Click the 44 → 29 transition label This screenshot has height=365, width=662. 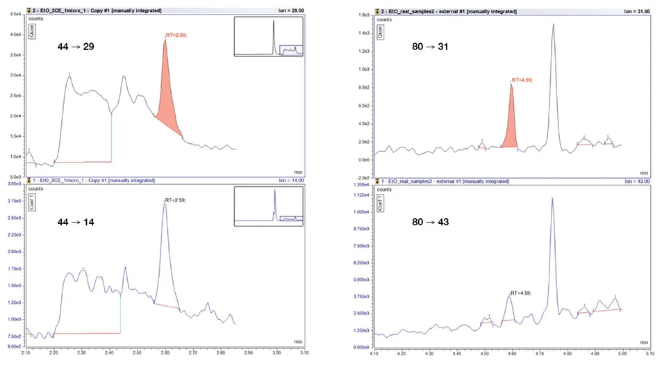pos(75,47)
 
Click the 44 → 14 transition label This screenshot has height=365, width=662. pos(75,222)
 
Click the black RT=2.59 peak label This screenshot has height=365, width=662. pos(175,200)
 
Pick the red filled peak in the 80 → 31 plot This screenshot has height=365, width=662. pos(511,125)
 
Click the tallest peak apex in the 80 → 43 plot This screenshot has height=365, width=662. pos(552,199)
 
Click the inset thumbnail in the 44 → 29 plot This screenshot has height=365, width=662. pos(269,37)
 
